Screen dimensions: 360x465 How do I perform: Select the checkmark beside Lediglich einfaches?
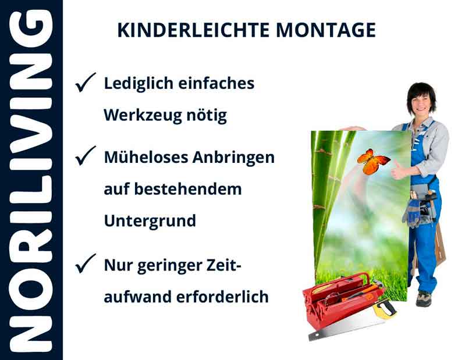[86, 84]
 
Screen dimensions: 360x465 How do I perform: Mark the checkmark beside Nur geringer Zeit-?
[86, 265]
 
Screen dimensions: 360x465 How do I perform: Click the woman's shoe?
[423, 298]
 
